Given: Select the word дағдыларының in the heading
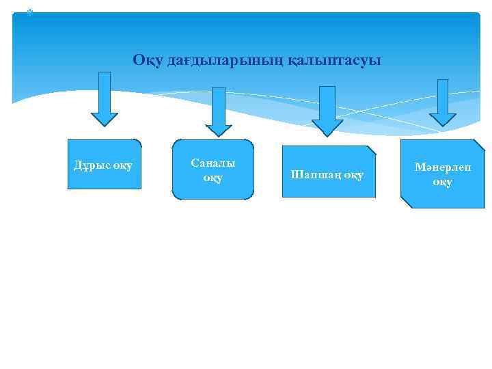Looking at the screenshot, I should pyautogui.click(x=220, y=61).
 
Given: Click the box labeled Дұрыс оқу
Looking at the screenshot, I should pyautogui.click(x=104, y=164).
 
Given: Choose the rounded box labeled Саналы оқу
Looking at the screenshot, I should pyautogui.click(x=213, y=169).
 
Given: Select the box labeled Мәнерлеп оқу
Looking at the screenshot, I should pyautogui.click(x=442, y=174).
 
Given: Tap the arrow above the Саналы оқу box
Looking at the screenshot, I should pyautogui.click(x=219, y=110).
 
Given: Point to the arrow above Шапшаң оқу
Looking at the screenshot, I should pyautogui.click(x=327, y=109).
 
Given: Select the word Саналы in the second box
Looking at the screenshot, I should pyautogui.click(x=213, y=163).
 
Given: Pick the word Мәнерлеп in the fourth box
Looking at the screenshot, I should pyautogui.click(x=442, y=168).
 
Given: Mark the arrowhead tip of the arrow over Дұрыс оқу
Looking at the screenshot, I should pyautogui.click(x=105, y=124).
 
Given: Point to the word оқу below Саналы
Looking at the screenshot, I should pyautogui.click(x=213, y=178).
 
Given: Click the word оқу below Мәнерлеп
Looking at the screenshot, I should pyautogui.click(x=442, y=182).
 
